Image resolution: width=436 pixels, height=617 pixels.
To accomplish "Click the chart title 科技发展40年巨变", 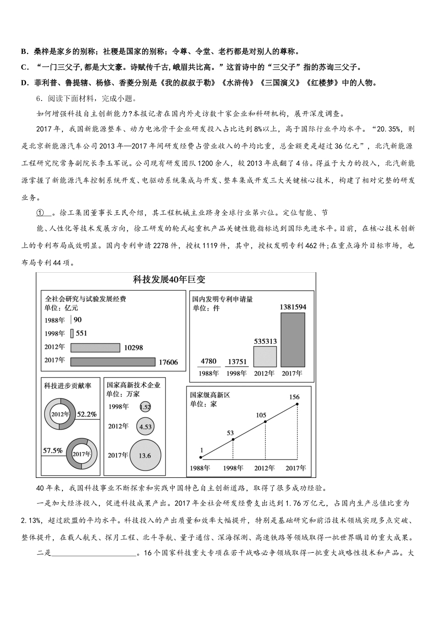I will (x=169, y=280).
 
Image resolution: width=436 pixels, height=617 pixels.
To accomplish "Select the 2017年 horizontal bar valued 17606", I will (x=113, y=362).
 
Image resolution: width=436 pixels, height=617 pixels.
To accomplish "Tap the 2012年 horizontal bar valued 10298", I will (x=95, y=348).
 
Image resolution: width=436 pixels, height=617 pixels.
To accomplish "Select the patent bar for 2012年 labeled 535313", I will (x=265, y=357).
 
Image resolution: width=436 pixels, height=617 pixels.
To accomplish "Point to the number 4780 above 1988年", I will (x=208, y=361).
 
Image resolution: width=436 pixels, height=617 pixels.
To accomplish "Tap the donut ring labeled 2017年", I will (x=82, y=454).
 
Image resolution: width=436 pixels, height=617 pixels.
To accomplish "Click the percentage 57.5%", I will (x=53, y=451).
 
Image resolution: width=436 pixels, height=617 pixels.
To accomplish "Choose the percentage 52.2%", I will (x=87, y=414).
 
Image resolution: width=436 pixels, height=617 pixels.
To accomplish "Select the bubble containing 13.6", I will (x=145, y=455).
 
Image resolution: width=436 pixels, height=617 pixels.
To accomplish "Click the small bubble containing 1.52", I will (x=145, y=407).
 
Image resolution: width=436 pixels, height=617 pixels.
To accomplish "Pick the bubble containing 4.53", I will (x=145, y=426).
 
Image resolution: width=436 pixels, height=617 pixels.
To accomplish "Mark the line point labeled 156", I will (x=297, y=404).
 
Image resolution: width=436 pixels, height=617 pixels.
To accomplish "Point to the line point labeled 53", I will (x=233, y=439).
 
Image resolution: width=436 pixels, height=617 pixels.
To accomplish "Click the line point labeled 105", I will (x=265, y=421).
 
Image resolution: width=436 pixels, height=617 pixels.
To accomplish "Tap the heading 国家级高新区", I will (x=210, y=395).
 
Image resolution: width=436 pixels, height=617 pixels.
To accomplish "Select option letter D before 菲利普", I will (x=24, y=83).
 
